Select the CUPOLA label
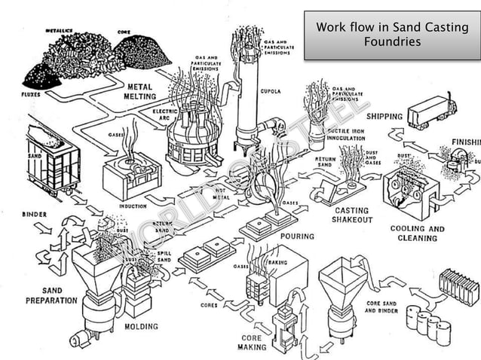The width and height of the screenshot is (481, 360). click(x=271, y=91)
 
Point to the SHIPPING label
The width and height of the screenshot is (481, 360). click(x=384, y=117)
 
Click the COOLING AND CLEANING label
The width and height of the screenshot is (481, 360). click(x=417, y=233)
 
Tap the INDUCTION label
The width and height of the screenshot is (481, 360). click(x=133, y=205)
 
